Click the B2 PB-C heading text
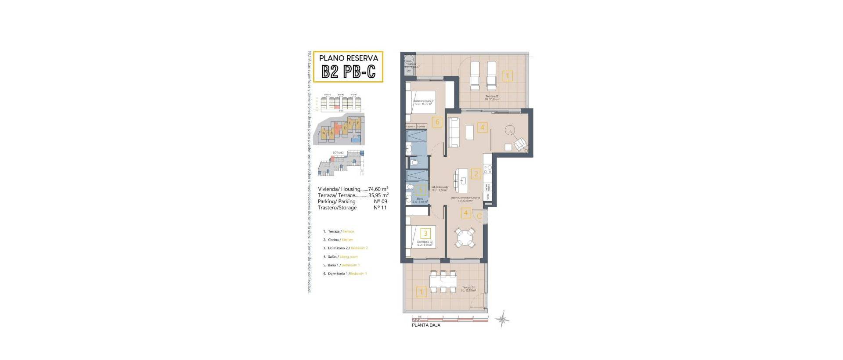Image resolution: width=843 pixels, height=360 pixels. pyautogui.click(x=349, y=72)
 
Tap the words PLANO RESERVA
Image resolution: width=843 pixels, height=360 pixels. pyautogui.click(x=349, y=58)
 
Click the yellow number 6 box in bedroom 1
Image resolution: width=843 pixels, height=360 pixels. pyautogui.click(x=436, y=122)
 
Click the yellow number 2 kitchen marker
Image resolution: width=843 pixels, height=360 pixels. pyautogui.click(x=476, y=173)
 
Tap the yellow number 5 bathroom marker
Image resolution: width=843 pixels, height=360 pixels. pyautogui.click(x=421, y=191)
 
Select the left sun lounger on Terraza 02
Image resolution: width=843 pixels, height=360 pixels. pyautogui.click(x=475, y=76)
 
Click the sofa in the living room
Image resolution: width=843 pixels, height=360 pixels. pyautogui.click(x=454, y=132)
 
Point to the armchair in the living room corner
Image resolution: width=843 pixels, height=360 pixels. pyautogui.click(x=521, y=144)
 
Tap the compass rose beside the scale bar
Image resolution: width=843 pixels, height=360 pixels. pyautogui.click(x=502, y=320)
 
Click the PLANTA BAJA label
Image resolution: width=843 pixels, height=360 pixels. pyautogui.click(x=425, y=325)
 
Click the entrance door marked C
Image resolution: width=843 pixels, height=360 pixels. pyautogui.click(x=479, y=216)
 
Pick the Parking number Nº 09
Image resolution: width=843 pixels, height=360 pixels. pyautogui.click(x=380, y=202)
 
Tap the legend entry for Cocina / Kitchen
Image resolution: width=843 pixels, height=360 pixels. pyautogui.click(x=340, y=240)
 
